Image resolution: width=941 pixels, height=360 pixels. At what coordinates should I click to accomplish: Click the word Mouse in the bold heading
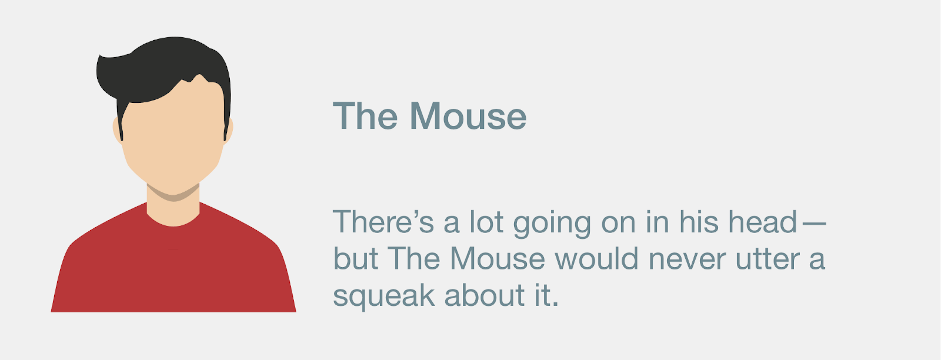point(468,115)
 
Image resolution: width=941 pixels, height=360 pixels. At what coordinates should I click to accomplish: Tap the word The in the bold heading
point(365,115)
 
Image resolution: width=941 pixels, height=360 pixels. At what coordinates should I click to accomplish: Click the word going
point(552,224)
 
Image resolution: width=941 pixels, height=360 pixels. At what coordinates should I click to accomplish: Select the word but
point(355,258)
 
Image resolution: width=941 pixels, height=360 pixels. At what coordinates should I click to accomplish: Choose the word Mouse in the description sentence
point(497,258)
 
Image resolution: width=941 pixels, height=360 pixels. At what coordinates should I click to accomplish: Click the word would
point(596,258)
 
